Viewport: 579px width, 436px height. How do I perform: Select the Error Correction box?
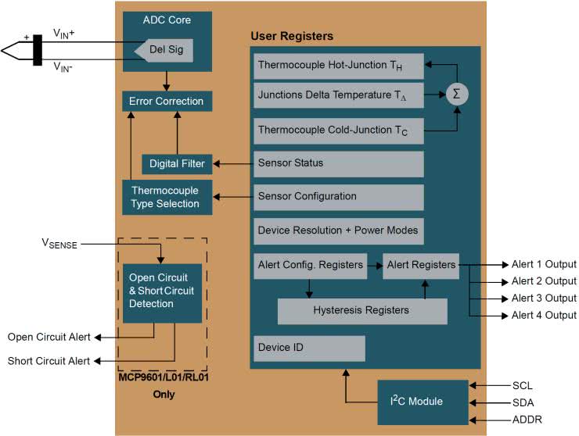pyautogui.click(x=166, y=101)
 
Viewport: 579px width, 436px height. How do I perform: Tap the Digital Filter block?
pyautogui.click(x=177, y=163)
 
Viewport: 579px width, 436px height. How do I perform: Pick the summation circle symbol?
pyautogui.click(x=455, y=94)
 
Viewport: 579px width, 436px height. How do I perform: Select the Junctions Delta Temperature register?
pyautogui.click(x=338, y=95)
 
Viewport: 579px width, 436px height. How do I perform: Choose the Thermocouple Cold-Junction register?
pyautogui.click(x=338, y=130)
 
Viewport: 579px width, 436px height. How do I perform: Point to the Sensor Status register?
pyautogui.click(x=338, y=163)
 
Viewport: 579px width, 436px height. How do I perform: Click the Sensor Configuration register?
pyautogui.click(x=338, y=197)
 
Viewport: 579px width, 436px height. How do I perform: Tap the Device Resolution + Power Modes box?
pyautogui.click(x=338, y=231)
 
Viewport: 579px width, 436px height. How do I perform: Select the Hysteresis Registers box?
pyautogui.click(x=361, y=310)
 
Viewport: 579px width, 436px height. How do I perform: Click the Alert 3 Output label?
pyautogui.click(x=544, y=298)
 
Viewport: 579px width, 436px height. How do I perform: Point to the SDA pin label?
pyautogui.click(x=523, y=403)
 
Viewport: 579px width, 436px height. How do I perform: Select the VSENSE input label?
pyautogui.click(x=60, y=244)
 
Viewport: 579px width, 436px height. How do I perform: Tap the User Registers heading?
pyautogui.click(x=291, y=36)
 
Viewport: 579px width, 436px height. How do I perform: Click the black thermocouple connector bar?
pyautogui.click(x=38, y=49)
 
